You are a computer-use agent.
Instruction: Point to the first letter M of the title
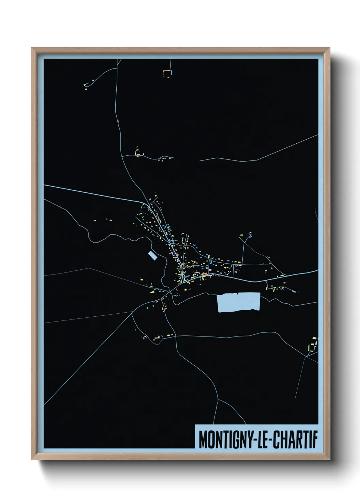coord(203,440)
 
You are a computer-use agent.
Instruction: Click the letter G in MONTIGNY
coord(234,440)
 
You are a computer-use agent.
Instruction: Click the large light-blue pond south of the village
coord(239,302)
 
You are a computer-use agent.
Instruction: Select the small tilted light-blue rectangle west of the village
coord(152,255)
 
